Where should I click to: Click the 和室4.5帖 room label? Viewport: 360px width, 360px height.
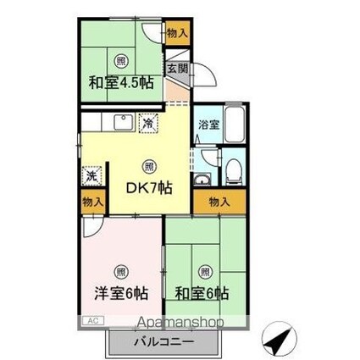click(123, 83)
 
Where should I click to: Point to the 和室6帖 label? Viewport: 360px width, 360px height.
click(202, 294)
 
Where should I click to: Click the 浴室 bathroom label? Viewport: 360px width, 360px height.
click(208, 124)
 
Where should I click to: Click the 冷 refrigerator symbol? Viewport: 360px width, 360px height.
click(149, 124)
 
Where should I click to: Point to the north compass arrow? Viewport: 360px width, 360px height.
click(277, 341)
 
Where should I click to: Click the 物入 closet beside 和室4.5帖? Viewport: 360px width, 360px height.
click(176, 34)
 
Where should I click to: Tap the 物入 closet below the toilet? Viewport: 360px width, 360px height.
click(219, 202)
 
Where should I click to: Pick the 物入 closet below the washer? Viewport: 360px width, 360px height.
click(91, 202)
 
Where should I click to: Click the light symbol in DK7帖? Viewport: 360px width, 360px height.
click(149, 166)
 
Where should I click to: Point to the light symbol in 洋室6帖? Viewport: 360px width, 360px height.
click(120, 273)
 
